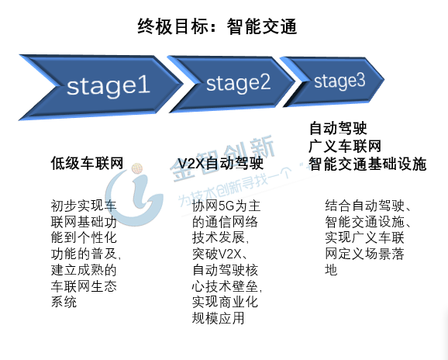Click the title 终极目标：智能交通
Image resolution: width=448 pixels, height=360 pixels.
[217, 26]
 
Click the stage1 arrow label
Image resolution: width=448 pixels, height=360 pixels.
[109, 85]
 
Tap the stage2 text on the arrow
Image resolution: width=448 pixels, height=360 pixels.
[238, 83]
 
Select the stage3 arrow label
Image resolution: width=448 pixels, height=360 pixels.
[339, 81]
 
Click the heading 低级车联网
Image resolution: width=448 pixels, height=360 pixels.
[87, 163]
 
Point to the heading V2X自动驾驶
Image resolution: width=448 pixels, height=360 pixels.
[221, 163]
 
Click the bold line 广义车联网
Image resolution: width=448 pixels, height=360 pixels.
[345, 146]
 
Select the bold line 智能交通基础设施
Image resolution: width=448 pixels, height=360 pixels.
[367, 164]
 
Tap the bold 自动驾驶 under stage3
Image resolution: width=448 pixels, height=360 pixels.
[338, 128]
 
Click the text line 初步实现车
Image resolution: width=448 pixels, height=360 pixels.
[84, 206]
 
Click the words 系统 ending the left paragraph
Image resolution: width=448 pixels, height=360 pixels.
[64, 302]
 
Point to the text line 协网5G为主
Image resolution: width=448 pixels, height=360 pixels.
[226, 206]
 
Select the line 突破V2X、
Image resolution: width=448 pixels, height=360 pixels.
[220, 254]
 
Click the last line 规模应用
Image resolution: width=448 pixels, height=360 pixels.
[218, 317]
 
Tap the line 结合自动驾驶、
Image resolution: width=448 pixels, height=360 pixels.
[368, 206]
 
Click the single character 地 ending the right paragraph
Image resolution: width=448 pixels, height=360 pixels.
[331, 270]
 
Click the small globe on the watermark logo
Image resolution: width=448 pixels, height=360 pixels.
[137, 168]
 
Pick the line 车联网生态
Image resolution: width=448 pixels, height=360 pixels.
[84, 286]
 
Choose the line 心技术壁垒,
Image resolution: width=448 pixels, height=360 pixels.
[227, 286]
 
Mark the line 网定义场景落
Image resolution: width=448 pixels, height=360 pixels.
[364, 254]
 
